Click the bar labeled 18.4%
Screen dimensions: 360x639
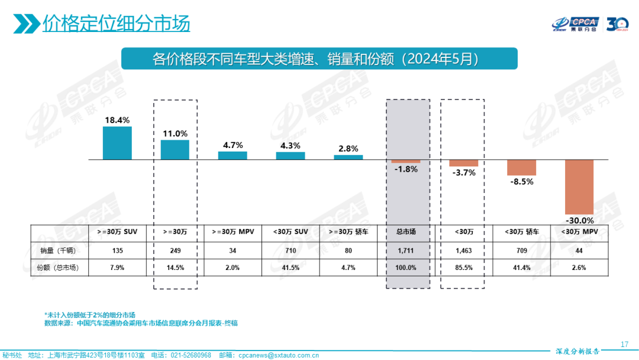click(x=117, y=143)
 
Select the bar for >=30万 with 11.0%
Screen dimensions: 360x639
click(x=175, y=149)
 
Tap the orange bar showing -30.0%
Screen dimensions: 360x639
click(x=579, y=187)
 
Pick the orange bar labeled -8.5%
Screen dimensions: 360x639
click(x=521, y=168)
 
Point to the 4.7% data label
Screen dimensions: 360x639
click(x=232, y=145)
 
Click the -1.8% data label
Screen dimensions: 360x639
click(x=405, y=169)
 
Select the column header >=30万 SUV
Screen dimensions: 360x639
click(x=117, y=232)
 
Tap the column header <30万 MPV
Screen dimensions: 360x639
click(x=579, y=232)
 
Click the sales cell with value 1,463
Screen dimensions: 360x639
click(x=463, y=250)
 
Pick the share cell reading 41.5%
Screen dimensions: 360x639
click(x=290, y=268)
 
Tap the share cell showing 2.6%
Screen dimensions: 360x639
click(x=579, y=268)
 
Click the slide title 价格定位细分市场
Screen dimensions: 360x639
click(x=116, y=24)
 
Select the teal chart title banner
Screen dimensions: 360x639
click(x=319, y=59)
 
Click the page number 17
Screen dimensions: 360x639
click(x=624, y=345)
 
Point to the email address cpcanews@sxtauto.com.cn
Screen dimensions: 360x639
click(x=278, y=355)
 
